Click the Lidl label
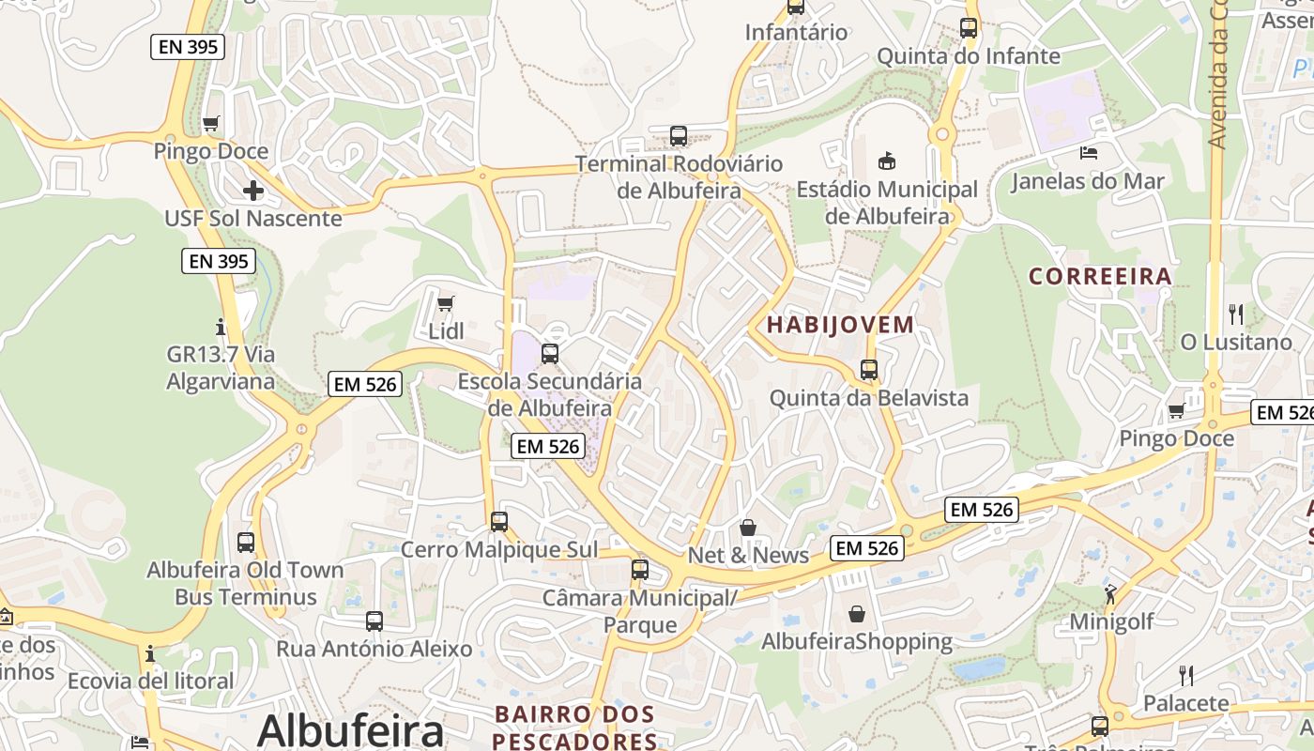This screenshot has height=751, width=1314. pos(446,331)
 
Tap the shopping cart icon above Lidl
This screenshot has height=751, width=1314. pos(446,303)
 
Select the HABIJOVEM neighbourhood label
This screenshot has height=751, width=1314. pos(840,325)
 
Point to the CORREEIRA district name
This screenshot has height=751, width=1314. pos(1100,276)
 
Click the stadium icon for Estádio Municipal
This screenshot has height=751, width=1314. pos(886,161)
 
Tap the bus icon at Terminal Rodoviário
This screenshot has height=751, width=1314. pos(679,136)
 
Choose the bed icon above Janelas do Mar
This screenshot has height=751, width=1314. pos(1089,153)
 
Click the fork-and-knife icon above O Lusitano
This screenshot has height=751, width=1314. pos(1236,314)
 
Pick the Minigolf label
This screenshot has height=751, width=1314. pos(1112,621)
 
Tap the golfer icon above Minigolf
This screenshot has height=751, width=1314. pos(1111,593)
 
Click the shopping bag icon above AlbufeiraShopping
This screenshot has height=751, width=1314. pos(857,614)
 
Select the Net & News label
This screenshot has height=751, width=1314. pos(748,555)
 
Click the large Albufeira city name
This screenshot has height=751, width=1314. pos(350,730)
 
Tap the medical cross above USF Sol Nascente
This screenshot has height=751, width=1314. pos(252,191)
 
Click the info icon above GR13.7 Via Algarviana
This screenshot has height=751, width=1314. pos(222,327)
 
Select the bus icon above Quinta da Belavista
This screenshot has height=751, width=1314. pos(869,370)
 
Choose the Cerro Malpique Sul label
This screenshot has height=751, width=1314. pos(498,549)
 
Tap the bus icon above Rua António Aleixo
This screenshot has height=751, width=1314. pos(374,621)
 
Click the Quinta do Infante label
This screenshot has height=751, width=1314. pos(968,56)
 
